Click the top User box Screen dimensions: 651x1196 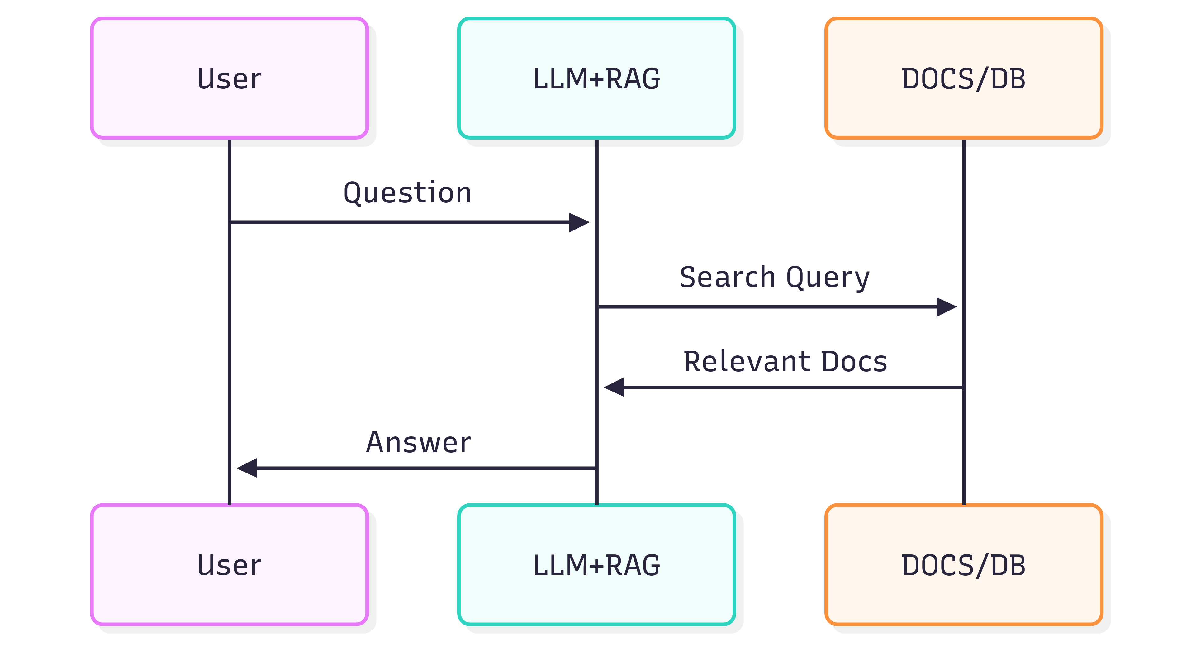[229, 78]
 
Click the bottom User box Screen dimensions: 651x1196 [229, 565]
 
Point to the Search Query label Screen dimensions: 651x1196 [774, 278]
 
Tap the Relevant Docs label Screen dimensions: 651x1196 [785, 362]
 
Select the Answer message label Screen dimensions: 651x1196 [418, 443]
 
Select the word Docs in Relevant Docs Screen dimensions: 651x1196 [854, 362]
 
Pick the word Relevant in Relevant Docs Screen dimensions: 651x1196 [747, 362]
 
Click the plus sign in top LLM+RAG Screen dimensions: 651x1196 [597, 79]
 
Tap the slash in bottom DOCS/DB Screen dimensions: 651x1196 [983, 566]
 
